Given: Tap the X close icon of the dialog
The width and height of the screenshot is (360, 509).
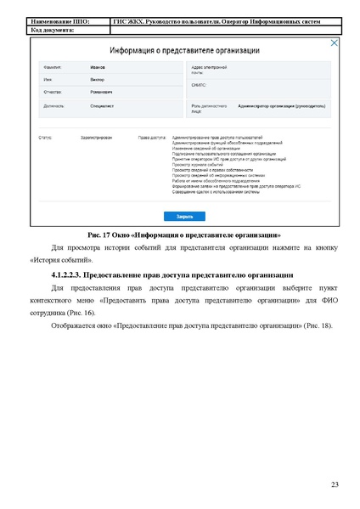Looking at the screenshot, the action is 334,43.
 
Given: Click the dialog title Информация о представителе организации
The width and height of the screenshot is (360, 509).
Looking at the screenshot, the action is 179,50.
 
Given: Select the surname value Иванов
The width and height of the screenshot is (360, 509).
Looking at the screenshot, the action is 98,65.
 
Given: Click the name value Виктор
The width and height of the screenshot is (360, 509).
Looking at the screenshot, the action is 98,76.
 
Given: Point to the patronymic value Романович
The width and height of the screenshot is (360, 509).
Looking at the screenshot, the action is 102,90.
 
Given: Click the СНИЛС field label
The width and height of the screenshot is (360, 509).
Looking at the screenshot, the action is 200,86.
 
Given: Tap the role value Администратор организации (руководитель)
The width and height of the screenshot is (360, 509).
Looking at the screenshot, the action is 282,107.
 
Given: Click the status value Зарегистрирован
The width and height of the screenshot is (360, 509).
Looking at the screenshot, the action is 98,137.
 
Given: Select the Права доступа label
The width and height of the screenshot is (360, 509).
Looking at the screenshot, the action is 151,137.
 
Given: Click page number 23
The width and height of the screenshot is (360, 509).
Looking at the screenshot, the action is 335,485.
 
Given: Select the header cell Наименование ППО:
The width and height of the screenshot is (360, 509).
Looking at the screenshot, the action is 59,21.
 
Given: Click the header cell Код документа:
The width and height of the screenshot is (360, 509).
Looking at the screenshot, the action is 53,30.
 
